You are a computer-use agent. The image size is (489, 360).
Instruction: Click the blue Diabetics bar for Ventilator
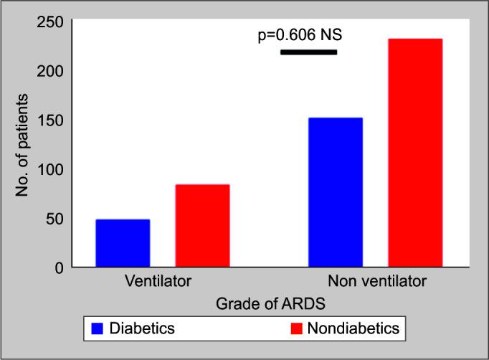coord(123,243)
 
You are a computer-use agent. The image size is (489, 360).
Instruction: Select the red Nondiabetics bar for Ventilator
coord(202,226)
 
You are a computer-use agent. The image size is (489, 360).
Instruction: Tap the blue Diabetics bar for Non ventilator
coord(335,192)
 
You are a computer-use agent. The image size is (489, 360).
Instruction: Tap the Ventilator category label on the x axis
coord(158,280)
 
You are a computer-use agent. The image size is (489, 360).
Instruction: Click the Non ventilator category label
coord(376,280)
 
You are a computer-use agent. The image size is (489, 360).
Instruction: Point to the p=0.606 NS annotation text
coord(306,35)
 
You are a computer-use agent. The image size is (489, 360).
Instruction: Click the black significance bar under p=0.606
coord(308,52)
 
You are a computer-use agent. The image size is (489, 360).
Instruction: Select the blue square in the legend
coord(98,329)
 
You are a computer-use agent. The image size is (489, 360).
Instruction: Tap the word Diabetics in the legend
coord(142,329)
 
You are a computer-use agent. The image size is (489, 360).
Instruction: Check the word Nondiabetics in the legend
coord(352,329)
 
